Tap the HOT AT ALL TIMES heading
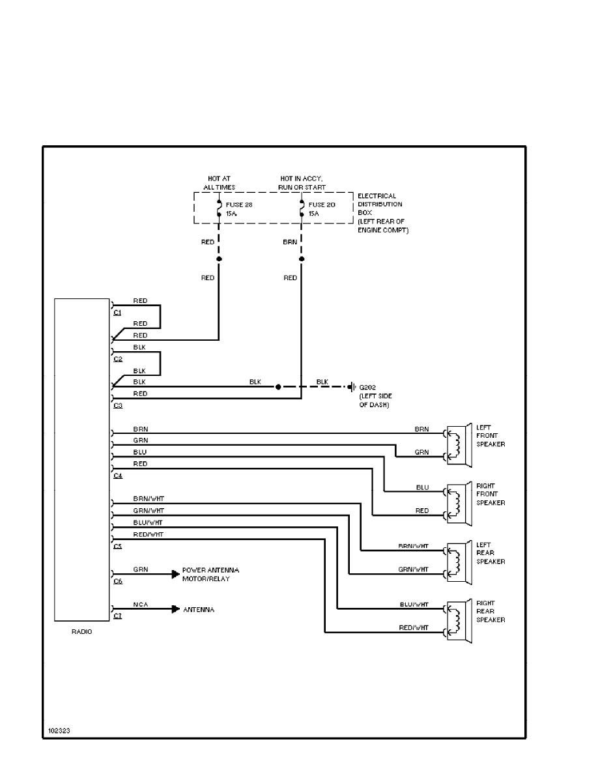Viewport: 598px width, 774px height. pyautogui.click(x=219, y=183)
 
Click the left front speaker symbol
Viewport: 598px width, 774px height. pyautogui.click(x=459, y=444)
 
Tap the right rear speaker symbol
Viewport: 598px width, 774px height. pyautogui.click(x=459, y=620)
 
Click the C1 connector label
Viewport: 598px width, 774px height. pyautogui.click(x=118, y=313)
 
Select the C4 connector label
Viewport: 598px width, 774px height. pyautogui.click(x=118, y=476)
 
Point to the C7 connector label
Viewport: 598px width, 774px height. pyautogui.click(x=118, y=616)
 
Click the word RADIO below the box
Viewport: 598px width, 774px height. pyautogui.click(x=82, y=632)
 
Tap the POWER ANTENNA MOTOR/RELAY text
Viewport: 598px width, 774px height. pyautogui.click(x=210, y=574)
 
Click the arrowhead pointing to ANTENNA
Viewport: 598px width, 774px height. pyautogui.click(x=175, y=609)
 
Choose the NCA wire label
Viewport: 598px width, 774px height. pyautogui.click(x=141, y=605)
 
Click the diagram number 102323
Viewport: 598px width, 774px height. pyautogui.click(x=59, y=731)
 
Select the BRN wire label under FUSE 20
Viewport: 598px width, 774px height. pyautogui.click(x=290, y=241)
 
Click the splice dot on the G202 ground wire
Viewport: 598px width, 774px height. pyautogui.click(x=278, y=386)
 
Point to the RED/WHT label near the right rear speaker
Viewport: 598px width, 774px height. pyautogui.click(x=414, y=627)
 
